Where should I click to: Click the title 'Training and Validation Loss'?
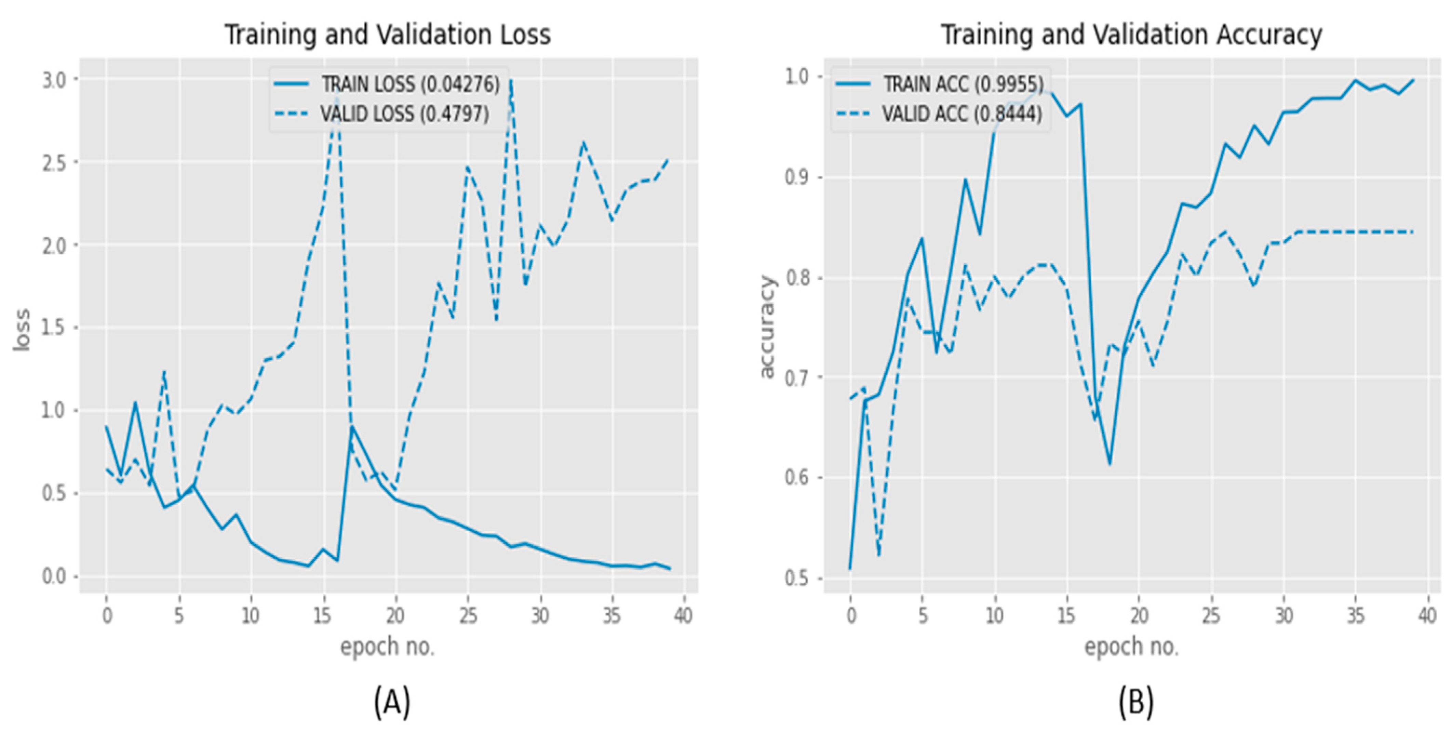coord(388,35)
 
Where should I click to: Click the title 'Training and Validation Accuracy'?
coord(1131,35)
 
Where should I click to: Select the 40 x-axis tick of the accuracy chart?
coord(1427,616)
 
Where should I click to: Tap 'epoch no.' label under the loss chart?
coord(388,647)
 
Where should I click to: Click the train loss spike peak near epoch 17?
coord(352,427)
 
